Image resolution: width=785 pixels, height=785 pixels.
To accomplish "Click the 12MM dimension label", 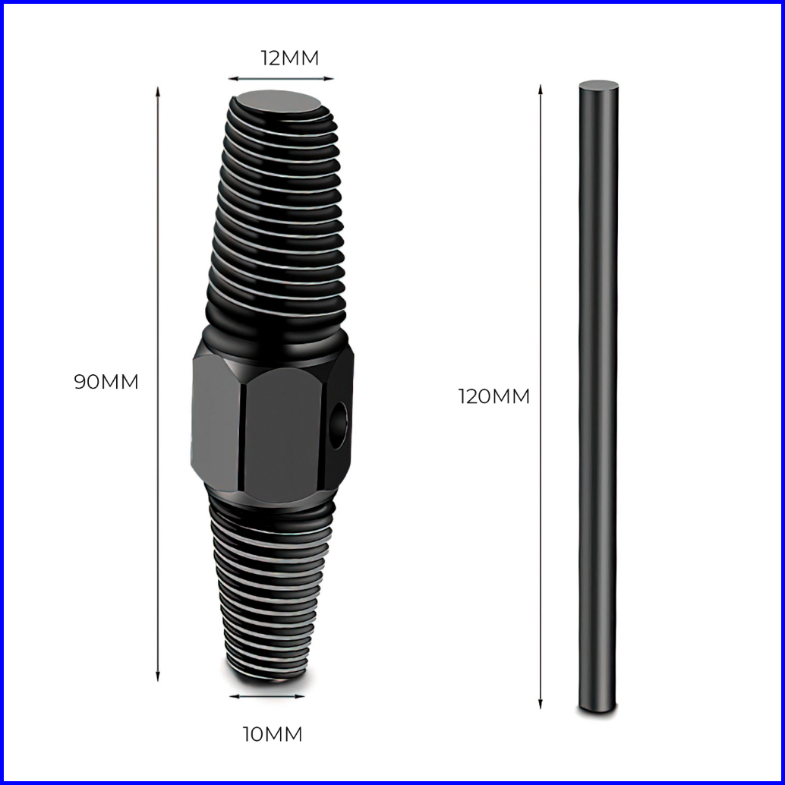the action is click(x=289, y=58).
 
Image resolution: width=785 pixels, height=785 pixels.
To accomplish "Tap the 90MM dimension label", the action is click(x=106, y=382).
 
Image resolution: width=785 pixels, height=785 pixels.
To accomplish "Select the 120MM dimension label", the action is click(x=494, y=396).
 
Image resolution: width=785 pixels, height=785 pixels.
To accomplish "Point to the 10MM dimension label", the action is click(x=273, y=734).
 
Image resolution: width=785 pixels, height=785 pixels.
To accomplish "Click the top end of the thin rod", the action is click(x=599, y=86).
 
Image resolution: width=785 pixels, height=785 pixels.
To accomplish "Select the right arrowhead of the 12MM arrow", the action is click(x=329, y=79).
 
